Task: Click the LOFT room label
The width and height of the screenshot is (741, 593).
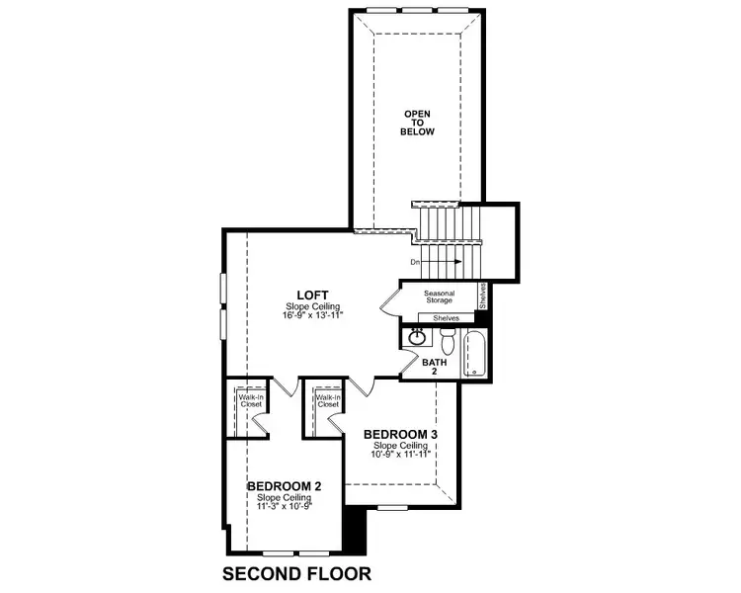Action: pos(313,294)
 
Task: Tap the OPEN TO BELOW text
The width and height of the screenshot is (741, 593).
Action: pos(419,124)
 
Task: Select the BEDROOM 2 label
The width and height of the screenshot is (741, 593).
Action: pos(284,486)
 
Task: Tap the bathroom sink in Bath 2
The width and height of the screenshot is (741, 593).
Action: pos(418,338)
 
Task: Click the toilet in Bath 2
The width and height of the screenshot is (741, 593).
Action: pos(448,341)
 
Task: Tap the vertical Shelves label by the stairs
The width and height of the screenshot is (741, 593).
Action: pos(483,296)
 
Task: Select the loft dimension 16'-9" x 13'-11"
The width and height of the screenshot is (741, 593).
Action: pos(312,316)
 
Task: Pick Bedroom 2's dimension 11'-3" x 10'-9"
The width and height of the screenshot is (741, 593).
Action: pos(284,506)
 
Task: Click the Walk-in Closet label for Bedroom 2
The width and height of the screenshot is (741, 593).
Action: pos(248,401)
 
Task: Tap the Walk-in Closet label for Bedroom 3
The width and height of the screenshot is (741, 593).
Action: pos(327,401)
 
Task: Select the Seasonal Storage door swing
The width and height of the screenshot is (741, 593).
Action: pos(388,301)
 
